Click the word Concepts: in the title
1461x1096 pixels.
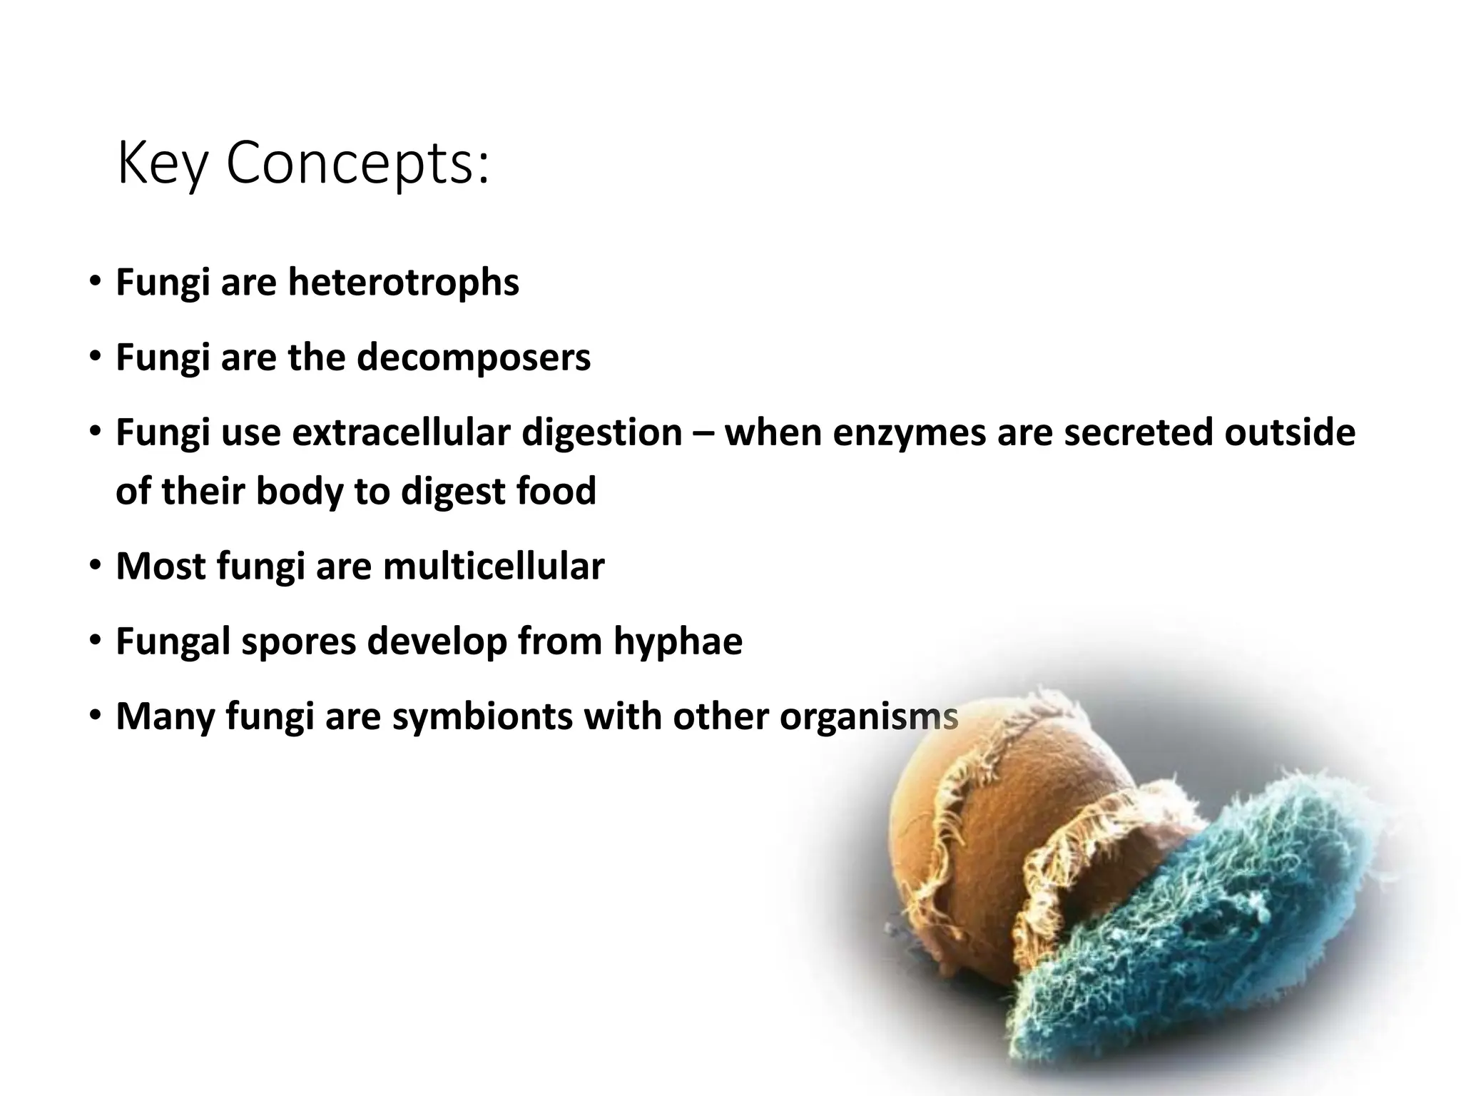pos(358,164)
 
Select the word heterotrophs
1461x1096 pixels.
pos(403,283)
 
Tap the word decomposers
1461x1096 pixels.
pos(473,357)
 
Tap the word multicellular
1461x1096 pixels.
pos(494,567)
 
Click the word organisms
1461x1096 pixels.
pos(868,717)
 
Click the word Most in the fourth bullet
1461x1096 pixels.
pos(161,567)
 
